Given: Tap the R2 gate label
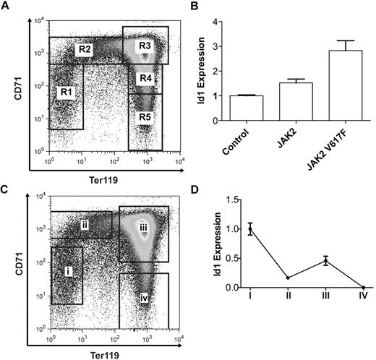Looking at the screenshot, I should coord(85,49).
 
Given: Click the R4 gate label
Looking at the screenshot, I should coord(146,77).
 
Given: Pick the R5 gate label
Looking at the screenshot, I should coord(146,115).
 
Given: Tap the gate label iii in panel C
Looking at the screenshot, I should coord(143,226).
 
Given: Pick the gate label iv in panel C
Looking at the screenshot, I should coord(145,296).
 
